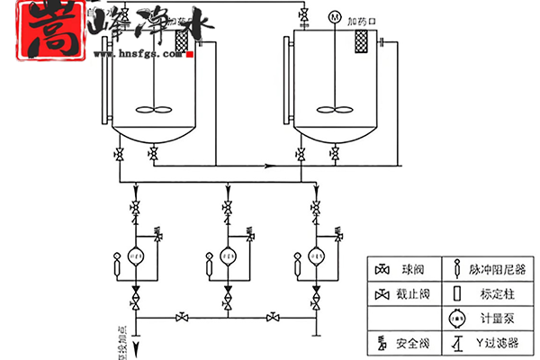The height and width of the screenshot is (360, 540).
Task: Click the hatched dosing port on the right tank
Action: pos(363,41)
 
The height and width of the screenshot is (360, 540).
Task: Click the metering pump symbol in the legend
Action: pos(456,319)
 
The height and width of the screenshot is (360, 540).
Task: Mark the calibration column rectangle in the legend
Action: pos(456,294)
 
